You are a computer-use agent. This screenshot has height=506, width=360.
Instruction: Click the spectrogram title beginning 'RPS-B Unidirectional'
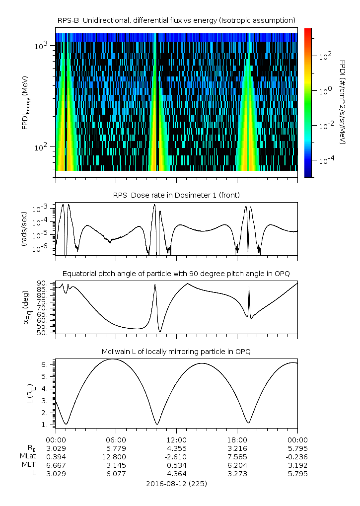tap(176, 20)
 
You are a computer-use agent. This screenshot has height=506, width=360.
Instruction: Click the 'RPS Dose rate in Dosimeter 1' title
tap(176, 195)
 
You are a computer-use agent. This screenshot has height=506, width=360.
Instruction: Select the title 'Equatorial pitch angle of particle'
tap(176, 274)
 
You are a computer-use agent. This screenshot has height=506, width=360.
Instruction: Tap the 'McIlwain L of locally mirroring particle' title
tap(176, 352)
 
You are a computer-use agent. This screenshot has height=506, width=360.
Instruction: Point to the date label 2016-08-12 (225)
tap(176, 483)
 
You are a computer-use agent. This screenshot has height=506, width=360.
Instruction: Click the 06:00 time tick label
tap(116, 440)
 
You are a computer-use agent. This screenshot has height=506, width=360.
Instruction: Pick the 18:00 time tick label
tap(237, 440)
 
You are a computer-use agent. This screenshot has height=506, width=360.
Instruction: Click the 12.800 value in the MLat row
tap(116, 457)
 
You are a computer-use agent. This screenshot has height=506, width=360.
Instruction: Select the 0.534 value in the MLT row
tap(176, 465)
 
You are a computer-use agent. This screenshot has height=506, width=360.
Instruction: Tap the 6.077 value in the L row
tap(116, 474)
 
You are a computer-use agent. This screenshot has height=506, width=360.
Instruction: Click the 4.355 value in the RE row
tap(176, 448)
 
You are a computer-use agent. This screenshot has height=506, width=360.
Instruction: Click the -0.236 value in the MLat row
tap(297, 457)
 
